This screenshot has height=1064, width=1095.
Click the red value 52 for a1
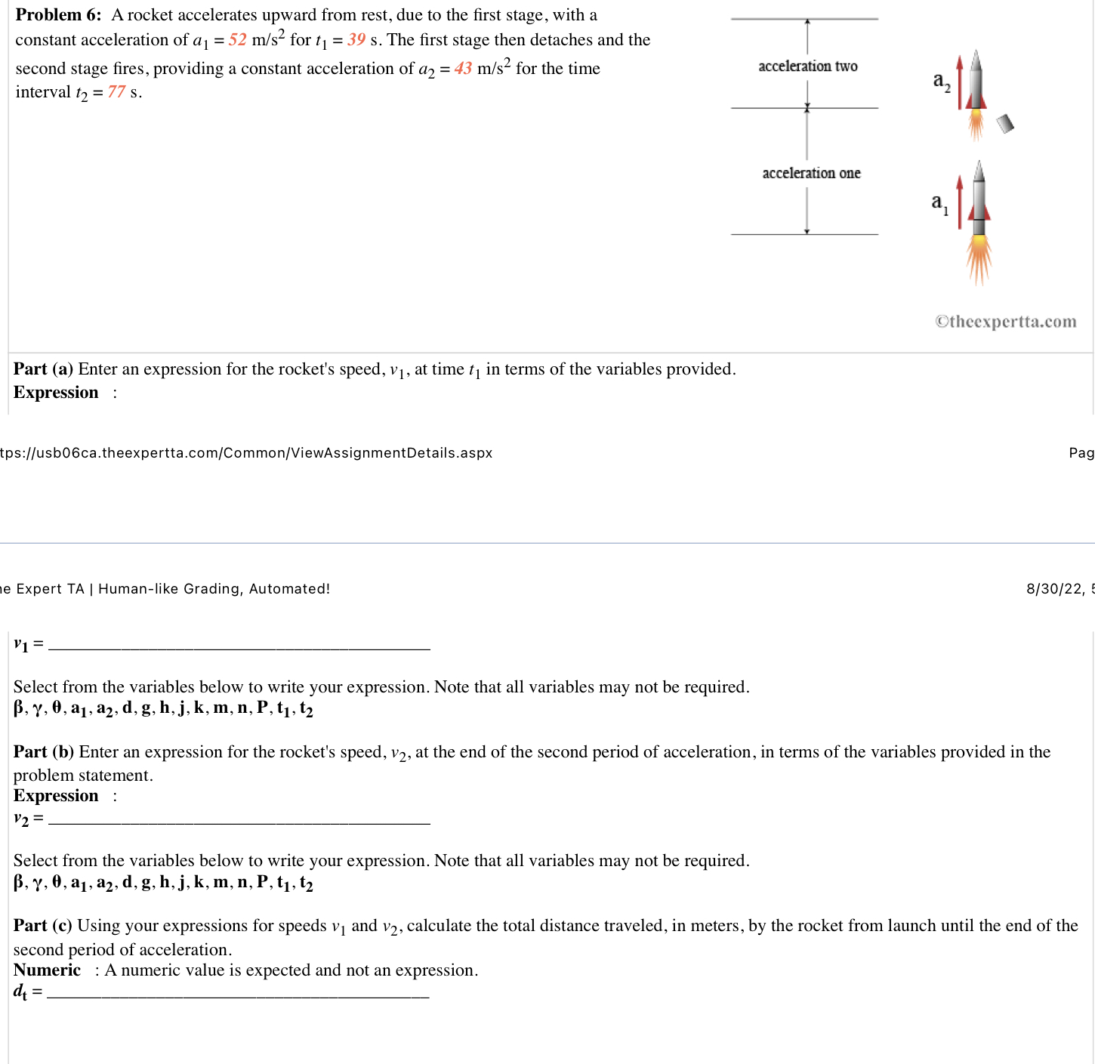(237, 40)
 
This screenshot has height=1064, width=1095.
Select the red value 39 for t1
(356, 40)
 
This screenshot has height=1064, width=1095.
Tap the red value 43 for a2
(463, 69)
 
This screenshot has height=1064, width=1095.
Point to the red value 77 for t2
(116, 92)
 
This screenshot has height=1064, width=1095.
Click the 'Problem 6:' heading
(58, 15)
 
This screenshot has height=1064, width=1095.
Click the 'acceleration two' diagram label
(807, 66)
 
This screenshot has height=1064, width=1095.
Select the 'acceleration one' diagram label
(811, 174)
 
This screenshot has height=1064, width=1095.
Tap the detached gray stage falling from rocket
(1004, 124)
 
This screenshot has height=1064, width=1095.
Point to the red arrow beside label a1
(959, 202)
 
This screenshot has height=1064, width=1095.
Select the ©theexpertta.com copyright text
(1005, 322)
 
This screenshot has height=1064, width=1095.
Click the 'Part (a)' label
(43, 369)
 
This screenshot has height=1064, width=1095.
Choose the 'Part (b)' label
(43, 752)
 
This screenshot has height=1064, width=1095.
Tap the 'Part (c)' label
(42, 926)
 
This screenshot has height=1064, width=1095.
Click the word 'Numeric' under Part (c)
(47, 970)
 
